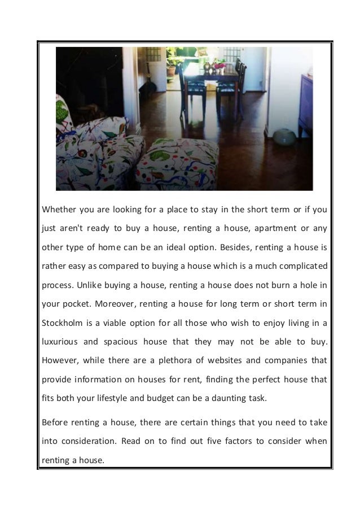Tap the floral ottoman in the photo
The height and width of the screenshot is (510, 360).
pyautogui.click(x=177, y=164)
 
